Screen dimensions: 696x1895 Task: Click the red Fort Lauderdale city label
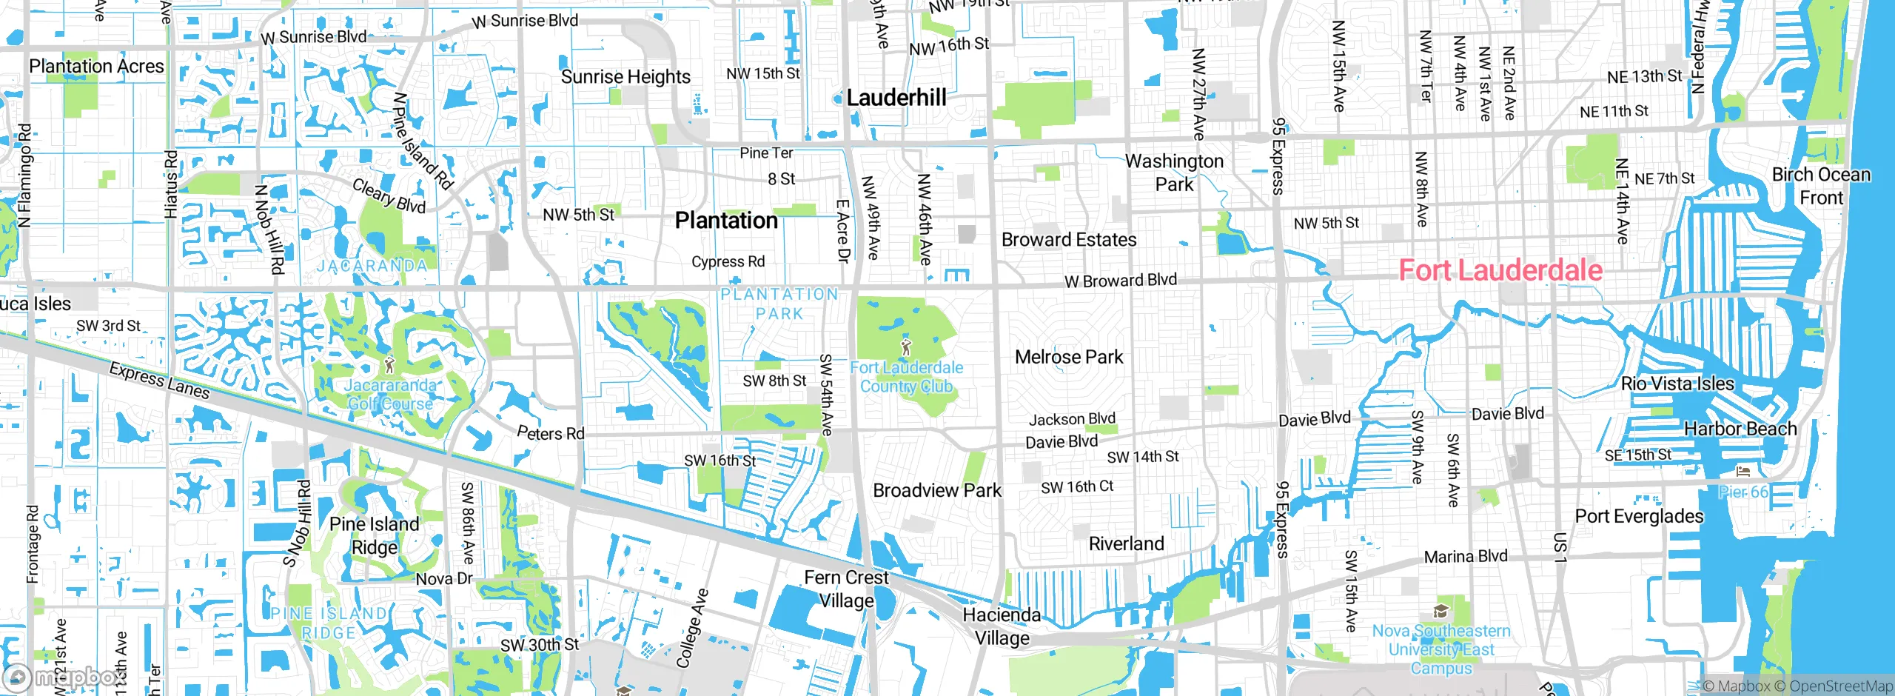[1500, 270]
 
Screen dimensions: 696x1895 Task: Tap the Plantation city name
[726, 221]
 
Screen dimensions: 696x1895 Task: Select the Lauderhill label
[896, 98]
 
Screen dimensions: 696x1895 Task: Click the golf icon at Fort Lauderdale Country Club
[906, 346]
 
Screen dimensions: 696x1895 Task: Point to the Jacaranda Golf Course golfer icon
[390, 364]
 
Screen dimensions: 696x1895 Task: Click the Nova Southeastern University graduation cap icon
[1440, 612]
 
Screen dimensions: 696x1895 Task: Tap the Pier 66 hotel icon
[1743, 472]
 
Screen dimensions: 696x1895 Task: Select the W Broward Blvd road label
[1120, 281]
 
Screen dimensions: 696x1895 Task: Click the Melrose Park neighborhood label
[1068, 357]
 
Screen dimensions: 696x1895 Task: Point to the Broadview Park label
[936, 490]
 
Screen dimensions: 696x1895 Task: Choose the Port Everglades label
[1639, 516]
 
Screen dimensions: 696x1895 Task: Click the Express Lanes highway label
[159, 380]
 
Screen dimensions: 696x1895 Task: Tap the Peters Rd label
[550, 433]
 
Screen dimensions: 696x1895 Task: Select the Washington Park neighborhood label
[1174, 173]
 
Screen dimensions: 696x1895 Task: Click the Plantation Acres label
[96, 66]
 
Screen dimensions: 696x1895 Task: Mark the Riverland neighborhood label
[1126, 543]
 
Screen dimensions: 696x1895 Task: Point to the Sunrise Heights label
[625, 77]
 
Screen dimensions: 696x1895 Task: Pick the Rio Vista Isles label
[1677, 384]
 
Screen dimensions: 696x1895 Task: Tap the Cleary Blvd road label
[389, 196]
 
